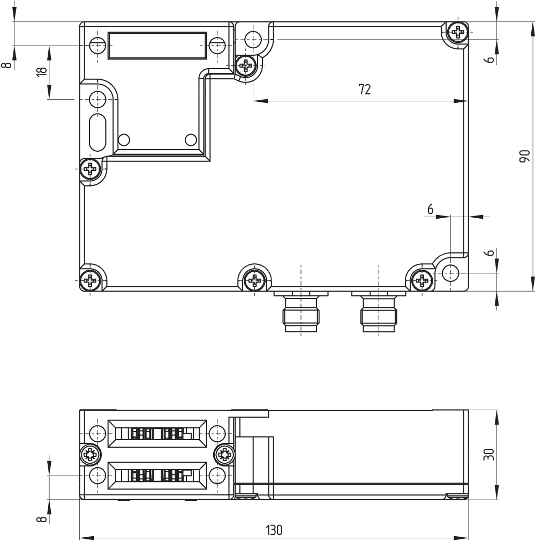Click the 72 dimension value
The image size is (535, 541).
coord(365,90)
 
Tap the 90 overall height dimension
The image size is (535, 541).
coord(524,157)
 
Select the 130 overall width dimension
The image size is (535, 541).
coord(274,530)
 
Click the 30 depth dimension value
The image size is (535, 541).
coord(489,454)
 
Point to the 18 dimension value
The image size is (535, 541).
coord(41,71)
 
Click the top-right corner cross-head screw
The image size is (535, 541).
coord(458,32)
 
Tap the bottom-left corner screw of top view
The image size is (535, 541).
coord(91,280)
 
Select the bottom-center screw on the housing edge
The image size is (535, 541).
coord(254,280)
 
